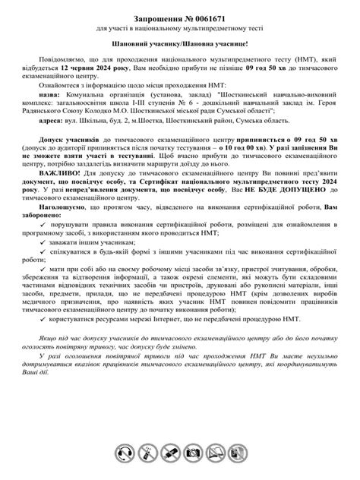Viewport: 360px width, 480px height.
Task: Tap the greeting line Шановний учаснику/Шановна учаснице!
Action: click(180, 46)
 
